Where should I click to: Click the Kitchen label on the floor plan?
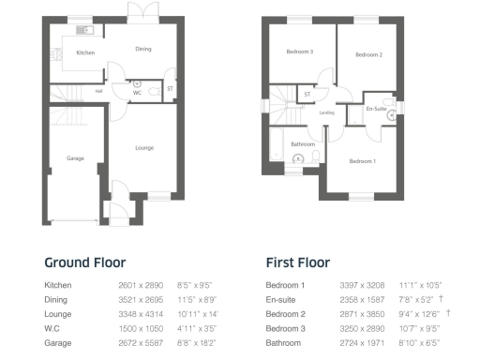pos(85,53)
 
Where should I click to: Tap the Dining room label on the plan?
pos(143,50)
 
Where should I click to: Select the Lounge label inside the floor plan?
pos(144,147)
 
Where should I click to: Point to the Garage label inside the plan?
pos(75,158)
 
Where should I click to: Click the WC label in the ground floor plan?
pos(137,92)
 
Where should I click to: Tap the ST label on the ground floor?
pos(170,89)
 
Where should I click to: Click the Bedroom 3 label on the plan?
pos(301,52)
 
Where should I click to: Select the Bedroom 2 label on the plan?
pos(368,54)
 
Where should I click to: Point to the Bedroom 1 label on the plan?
pos(362,161)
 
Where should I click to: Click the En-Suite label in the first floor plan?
pos(377,110)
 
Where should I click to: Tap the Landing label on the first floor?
pos(326,113)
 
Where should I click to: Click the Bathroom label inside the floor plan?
pos(303,144)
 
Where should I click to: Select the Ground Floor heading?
pos(85,263)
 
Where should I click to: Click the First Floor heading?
pos(297,263)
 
